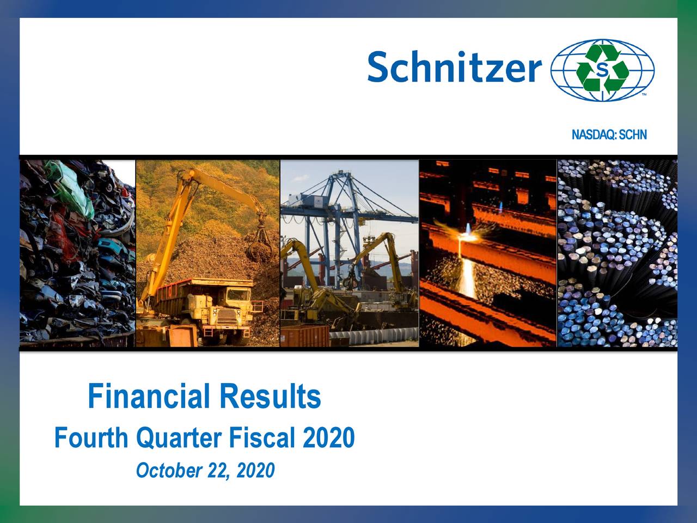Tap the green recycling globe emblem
pos(602,69)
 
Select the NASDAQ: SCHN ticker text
pos(609,135)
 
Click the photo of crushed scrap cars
pos(77,253)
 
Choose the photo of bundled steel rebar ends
pos(617,253)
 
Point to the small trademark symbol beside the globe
pos(644,95)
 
